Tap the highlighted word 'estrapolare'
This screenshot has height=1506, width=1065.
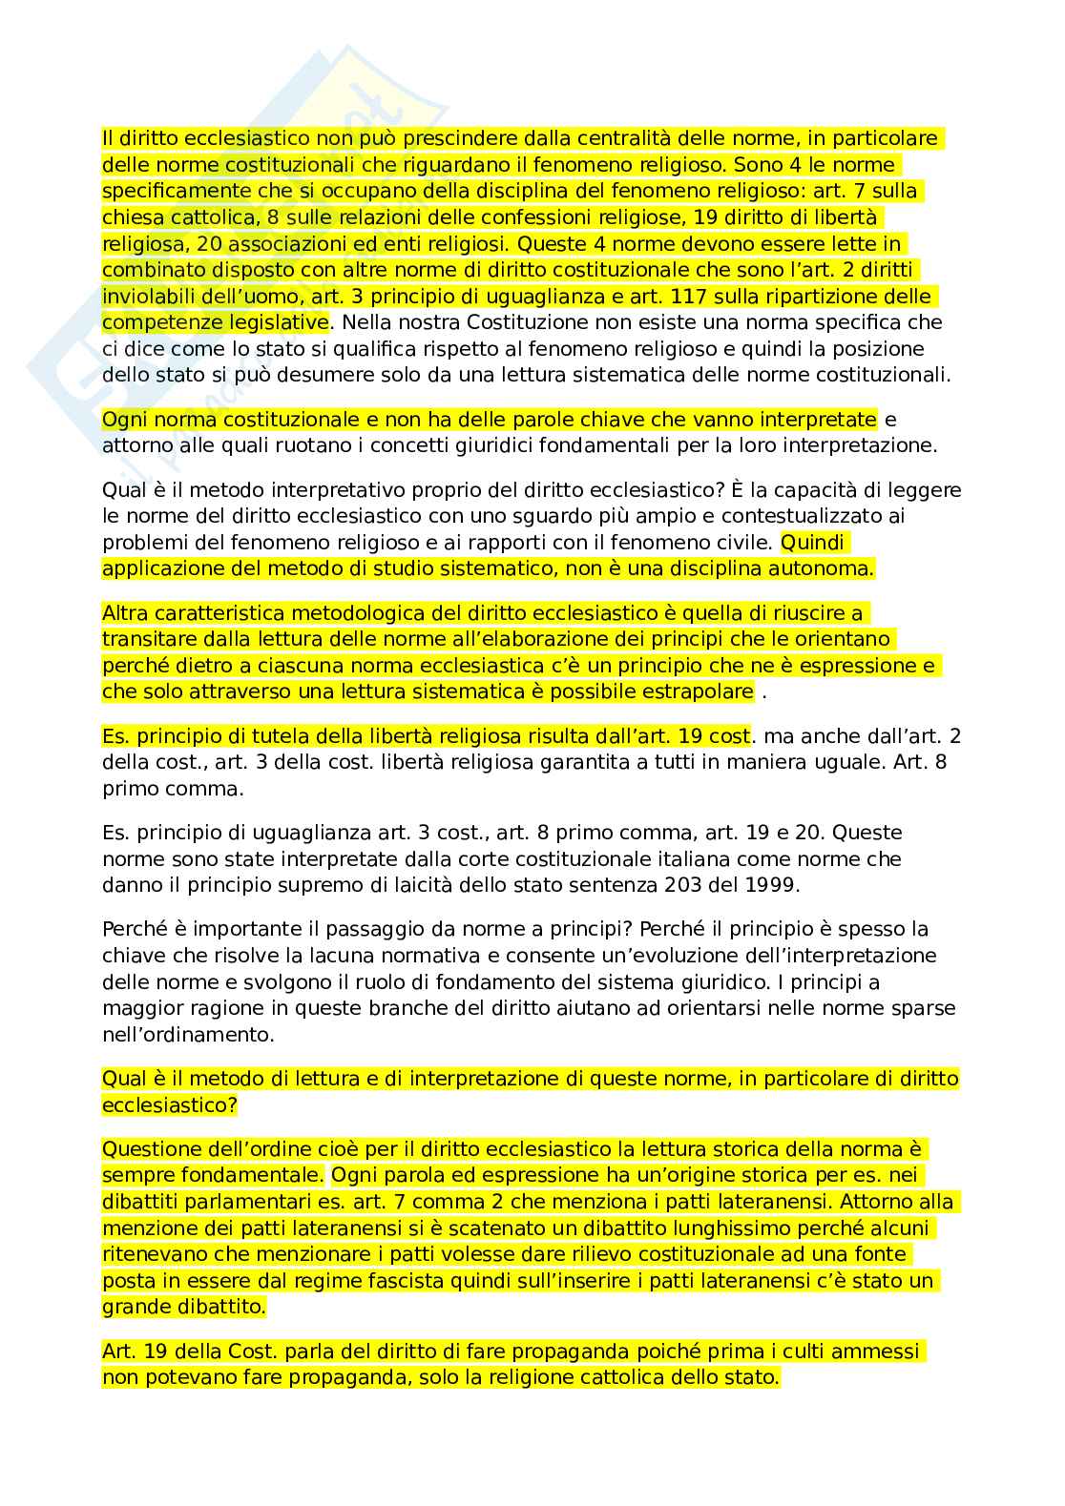pos(699,691)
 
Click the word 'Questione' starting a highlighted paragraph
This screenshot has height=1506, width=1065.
pos(152,1149)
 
